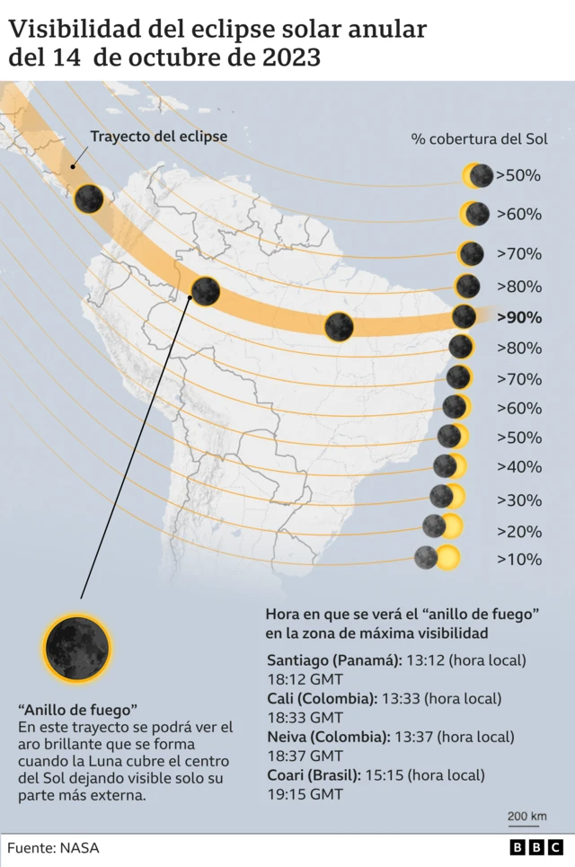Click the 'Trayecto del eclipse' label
point(158,137)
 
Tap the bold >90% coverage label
point(518,317)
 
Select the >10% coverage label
point(519,559)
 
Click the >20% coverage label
point(519,530)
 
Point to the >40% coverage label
point(519,466)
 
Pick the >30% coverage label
point(519,500)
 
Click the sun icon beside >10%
point(438,558)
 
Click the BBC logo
point(535,847)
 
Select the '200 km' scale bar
point(526,818)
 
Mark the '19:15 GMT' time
point(305,794)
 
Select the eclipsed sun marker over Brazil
point(339,326)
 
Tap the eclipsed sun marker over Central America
point(88,198)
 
